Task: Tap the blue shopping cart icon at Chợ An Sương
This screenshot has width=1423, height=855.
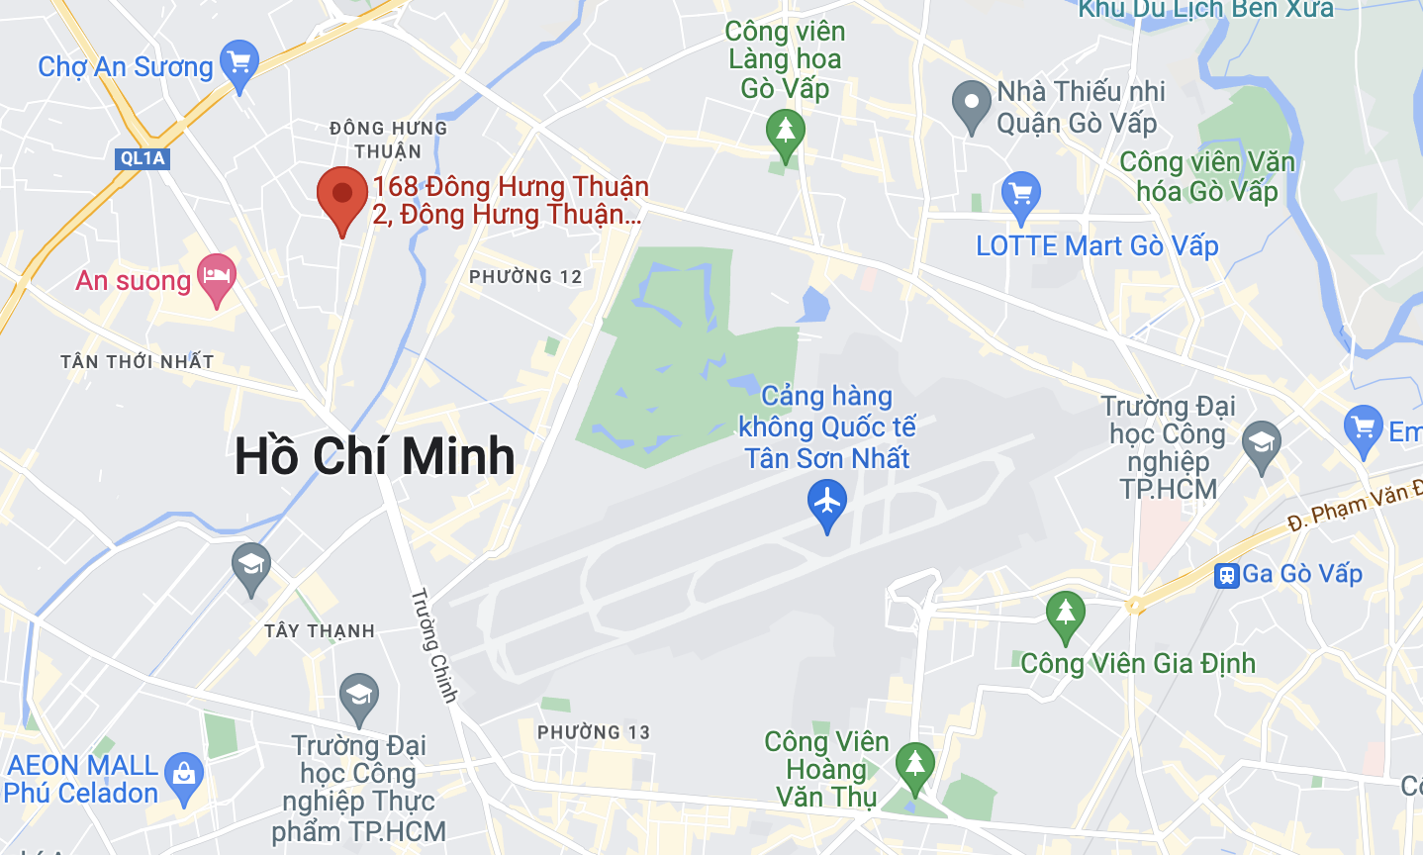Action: (x=238, y=63)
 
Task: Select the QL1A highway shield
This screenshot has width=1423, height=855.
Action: (x=142, y=158)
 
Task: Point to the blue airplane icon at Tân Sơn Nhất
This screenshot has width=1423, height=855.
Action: (x=826, y=502)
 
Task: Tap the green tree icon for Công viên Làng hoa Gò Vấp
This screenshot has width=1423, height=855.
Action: (x=786, y=132)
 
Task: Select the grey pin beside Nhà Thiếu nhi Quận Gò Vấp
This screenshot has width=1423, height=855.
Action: (x=971, y=103)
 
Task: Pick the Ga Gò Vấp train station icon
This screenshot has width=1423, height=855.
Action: (x=1227, y=575)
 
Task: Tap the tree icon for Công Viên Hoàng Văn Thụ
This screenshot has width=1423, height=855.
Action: (x=914, y=764)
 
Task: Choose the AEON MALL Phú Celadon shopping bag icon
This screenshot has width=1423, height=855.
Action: (x=184, y=774)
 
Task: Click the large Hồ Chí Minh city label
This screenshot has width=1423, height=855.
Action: (x=375, y=456)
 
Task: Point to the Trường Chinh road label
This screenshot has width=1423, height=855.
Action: (x=434, y=645)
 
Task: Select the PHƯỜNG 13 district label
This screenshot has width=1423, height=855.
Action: (x=594, y=732)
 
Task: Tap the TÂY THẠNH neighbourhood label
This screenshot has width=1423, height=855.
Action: (x=320, y=630)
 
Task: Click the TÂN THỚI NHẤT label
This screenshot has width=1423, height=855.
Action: (x=138, y=361)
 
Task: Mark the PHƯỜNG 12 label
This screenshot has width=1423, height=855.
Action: (x=525, y=277)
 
